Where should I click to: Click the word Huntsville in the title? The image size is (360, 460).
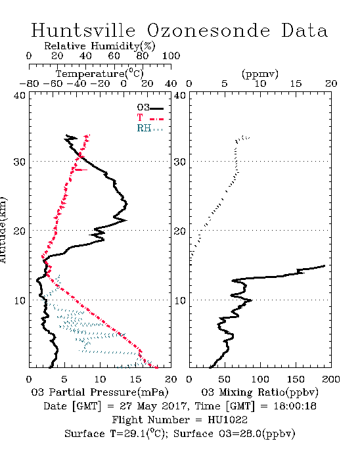(x=83, y=30)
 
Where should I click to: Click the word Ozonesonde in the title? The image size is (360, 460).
(x=208, y=30)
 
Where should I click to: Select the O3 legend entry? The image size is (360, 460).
(x=150, y=108)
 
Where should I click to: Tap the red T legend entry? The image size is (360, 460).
(x=150, y=118)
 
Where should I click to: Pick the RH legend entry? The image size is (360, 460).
(x=150, y=129)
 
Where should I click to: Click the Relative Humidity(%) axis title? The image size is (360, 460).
(x=100, y=46)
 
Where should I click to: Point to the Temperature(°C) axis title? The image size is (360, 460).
(x=100, y=74)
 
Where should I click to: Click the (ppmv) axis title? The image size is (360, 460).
(x=260, y=74)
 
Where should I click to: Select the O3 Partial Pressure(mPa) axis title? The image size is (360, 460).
(x=100, y=392)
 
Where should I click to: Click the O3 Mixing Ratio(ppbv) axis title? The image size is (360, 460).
(x=259, y=392)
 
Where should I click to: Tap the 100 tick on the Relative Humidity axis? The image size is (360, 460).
(x=171, y=56)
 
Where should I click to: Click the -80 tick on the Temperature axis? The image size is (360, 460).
(x=30, y=83)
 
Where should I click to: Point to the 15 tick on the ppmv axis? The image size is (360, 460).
(x=296, y=83)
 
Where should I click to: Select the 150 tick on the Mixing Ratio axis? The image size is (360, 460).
(x=296, y=379)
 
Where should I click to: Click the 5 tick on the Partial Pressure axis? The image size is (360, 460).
(x=64, y=379)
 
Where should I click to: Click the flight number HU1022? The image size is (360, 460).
(x=227, y=420)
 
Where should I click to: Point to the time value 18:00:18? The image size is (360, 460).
(x=295, y=406)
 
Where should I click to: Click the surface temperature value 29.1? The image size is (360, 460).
(x=133, y=434)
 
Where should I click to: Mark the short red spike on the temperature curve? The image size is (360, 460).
(x=81, y=170)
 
